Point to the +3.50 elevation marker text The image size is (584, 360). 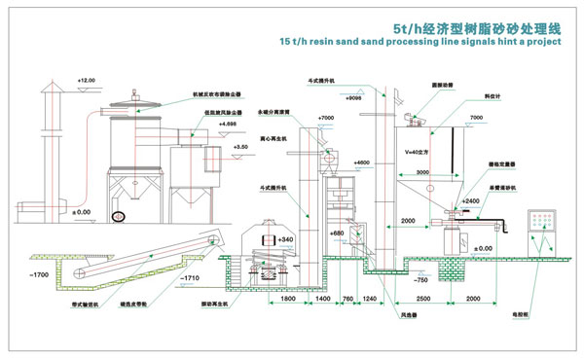240,146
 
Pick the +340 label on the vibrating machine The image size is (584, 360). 285,239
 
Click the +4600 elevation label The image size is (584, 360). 359,162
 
